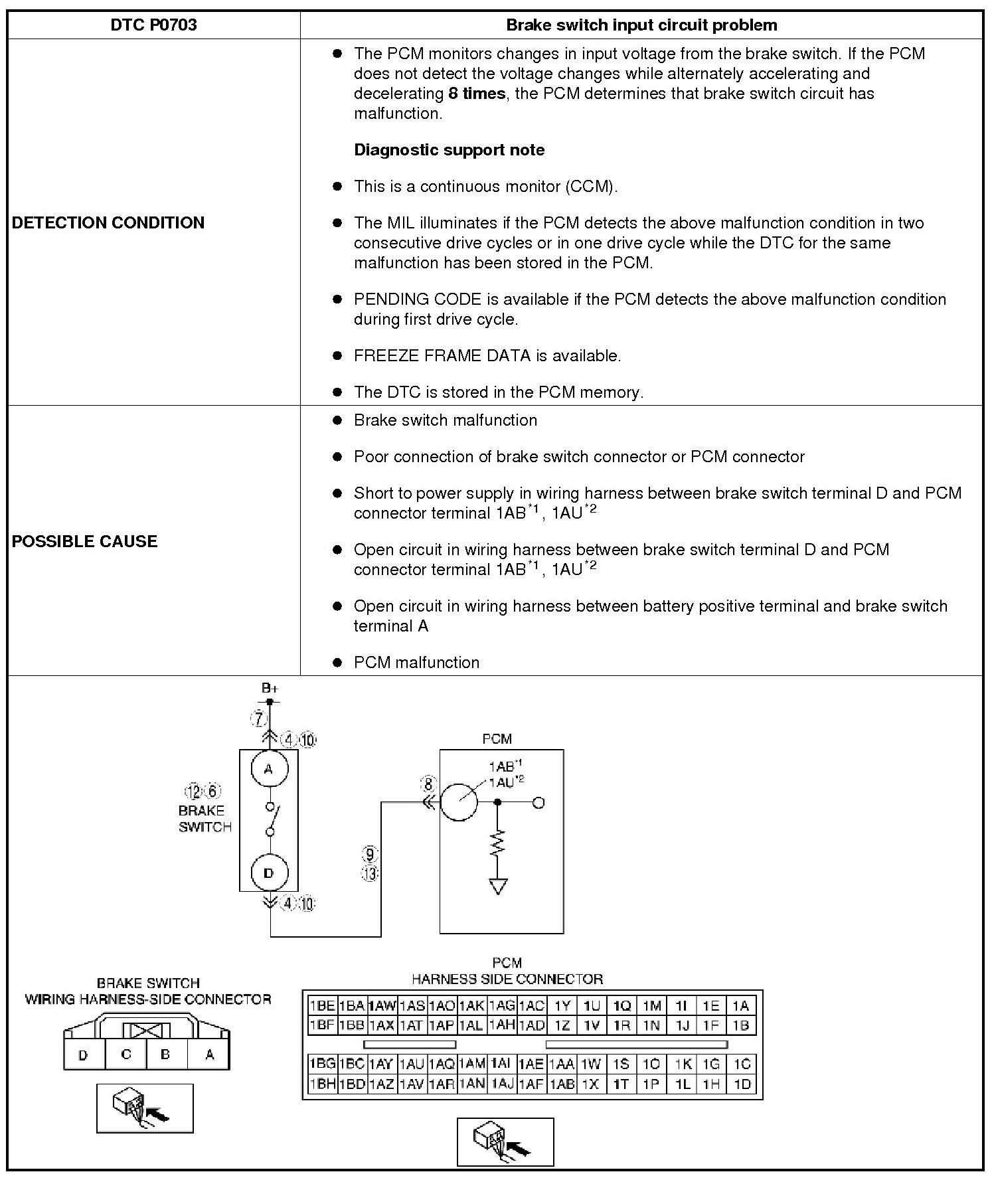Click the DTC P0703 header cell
click(x=153, y=25)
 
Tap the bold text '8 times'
click(x=477, y=94)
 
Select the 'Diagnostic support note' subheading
click(x=449, y=150)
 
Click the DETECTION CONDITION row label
click(x=108, y=222)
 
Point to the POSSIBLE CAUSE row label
click(x=85, y=541)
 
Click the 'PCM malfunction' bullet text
click(x=416, y=663)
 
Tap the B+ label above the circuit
click(x=270, y=689)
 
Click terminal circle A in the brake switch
click(x=268, y=769)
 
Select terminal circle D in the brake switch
click(x=268, y=873)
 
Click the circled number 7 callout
click(x=259, y=718)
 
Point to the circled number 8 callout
click(x=428, y=784)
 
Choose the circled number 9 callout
click(x=371, y=855)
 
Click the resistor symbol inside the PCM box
click(x=498, y=844)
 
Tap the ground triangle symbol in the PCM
click(x=498, y=886)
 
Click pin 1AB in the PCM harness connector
click(x=562, y=1084)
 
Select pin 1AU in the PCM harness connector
click(x=412, y=1064)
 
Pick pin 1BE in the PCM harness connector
click(x=322, y=1006)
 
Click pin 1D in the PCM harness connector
click(x=742, y=1084)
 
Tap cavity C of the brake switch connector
click(x=126, y=1054)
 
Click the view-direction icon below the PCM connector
click(x=505, y=1142)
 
